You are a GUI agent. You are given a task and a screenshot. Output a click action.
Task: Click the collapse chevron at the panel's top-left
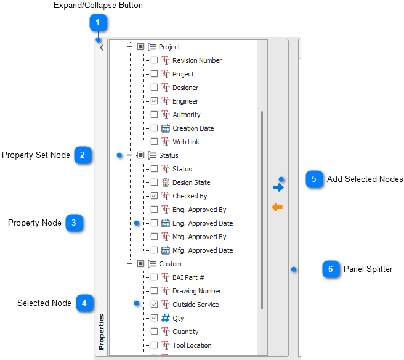click(x=102, y=47)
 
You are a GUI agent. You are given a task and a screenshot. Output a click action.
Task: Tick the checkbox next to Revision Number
click(x=154, y=60)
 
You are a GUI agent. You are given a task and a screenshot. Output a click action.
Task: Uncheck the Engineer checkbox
click(x=154, y=101)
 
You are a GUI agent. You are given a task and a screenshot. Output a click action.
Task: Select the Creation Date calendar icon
click(x=166, y=128)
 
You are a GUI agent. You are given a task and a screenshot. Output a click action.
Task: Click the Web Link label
click(x=186, y=142)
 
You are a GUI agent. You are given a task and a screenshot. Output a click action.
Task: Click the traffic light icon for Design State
click(x=166, y=182)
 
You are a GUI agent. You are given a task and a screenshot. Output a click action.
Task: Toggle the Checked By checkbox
click(x=154, y=196)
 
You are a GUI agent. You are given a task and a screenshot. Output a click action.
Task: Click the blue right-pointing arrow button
click(x=278, y=187)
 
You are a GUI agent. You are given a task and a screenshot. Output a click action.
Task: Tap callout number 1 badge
click(x=98, y=23)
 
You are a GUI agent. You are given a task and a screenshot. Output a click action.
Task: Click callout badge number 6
click(x=331, y=269)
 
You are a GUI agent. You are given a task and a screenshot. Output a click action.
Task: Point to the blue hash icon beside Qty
click(x=166, y=318)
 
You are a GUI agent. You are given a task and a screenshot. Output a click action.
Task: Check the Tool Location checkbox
click(x=154, y=345)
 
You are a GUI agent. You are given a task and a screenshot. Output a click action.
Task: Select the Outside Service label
click(x=196, y=305)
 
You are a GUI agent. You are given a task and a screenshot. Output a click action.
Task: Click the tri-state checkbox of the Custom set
click(x=140, y=264)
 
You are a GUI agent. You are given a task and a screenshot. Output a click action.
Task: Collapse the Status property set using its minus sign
click(x=129, y=155)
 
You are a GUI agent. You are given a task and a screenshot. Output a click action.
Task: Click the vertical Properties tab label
click(x=102, y=332)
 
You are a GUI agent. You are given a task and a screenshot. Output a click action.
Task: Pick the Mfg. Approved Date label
click(x=203, y=250)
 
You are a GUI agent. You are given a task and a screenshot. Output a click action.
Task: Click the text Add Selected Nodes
click(x=365, y=179)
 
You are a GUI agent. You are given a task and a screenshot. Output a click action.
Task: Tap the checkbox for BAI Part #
click(x=154, y=277)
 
